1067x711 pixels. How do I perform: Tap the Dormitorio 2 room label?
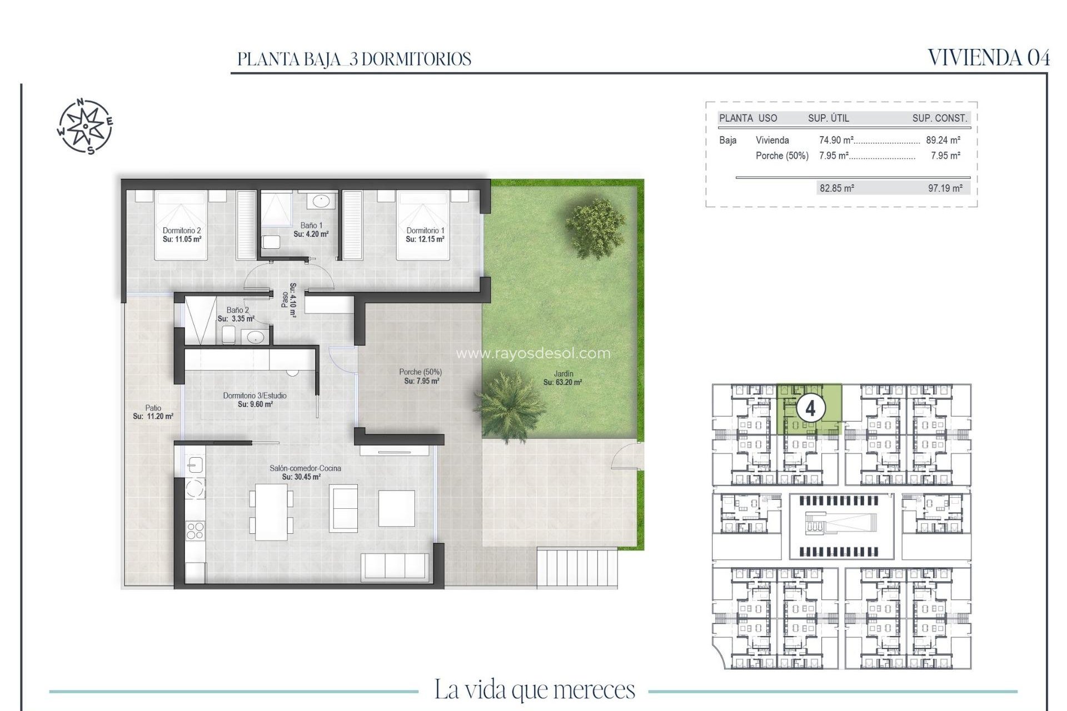tap(182, 231)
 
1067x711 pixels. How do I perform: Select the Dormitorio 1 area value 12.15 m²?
tap(425, 239)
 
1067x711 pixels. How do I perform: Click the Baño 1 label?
tap(311, 226)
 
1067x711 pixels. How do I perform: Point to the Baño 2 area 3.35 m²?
tap(236, 319)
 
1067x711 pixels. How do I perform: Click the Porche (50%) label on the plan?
tap(420, 372)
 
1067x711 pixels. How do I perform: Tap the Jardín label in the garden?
tap(563, 374)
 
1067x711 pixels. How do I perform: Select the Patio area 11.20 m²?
tap(153, 416)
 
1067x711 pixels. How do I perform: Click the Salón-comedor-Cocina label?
tap(305, 468)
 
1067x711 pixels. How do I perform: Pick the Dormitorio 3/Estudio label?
tap(255, 395)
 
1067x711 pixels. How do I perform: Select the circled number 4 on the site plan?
tap(810, 409)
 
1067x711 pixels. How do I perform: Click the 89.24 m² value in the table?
tap(943, 141)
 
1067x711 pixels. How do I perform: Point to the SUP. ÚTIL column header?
tap(828, 118)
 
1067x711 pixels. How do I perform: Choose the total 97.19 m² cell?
tap(945, 188)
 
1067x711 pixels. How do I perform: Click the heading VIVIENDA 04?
tap(989, 58)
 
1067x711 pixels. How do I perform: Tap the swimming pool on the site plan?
tap(841, 523)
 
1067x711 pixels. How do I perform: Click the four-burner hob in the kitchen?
tap(195, 530)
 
